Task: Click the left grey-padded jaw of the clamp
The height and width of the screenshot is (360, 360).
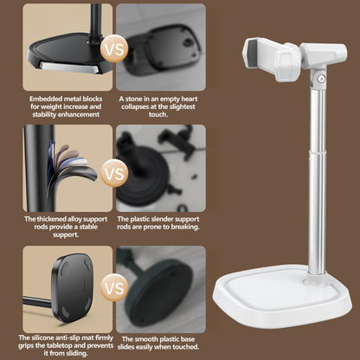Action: (x=252, y=54)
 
